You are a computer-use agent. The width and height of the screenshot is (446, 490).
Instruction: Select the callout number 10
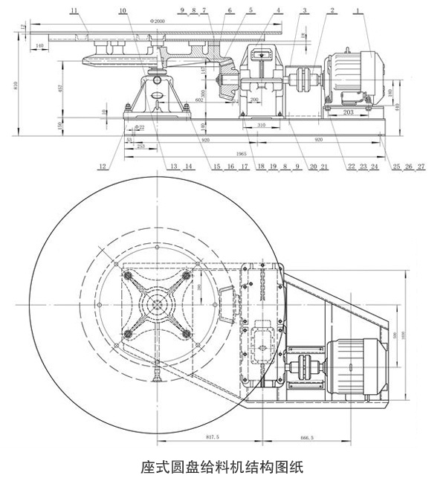tap(122, 10)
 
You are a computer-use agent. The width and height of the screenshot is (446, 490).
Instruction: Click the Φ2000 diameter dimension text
tap(157, 22)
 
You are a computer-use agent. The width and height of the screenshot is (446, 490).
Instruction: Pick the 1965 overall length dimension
tap(242, 153)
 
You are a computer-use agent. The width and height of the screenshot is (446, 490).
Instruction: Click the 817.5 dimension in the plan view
tap(212, 437)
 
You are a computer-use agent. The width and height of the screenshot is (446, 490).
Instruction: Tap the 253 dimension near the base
tap(142, 146)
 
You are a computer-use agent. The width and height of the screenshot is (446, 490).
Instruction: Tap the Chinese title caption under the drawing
tap(222, 468)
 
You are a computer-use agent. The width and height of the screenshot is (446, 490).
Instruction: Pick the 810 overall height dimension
tap(16, 85)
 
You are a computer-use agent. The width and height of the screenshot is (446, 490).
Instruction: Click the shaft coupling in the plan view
tap(304, 368)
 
